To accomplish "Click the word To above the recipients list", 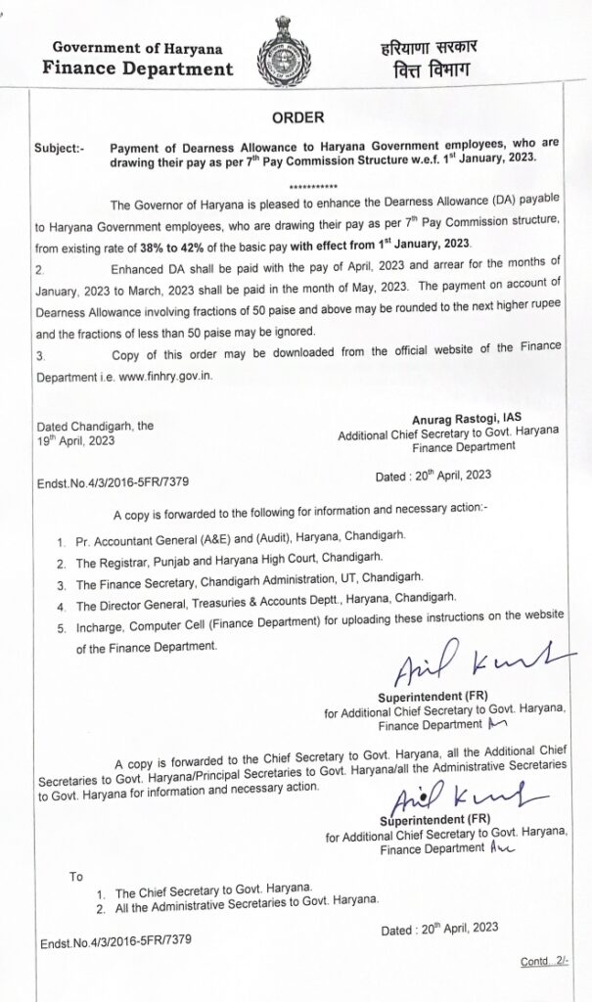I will point(76,874).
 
